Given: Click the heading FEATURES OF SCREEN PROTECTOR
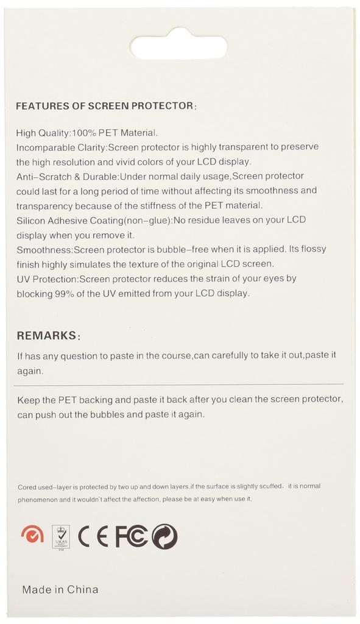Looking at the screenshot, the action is pyautogui.click(x=105, y=105).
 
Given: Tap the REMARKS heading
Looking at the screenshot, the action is pyautogui.click(x=48, y=336).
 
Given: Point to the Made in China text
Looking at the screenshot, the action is pyautogui.click(x=60, y=589).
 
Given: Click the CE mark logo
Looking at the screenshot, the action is pyautogui.click(x=93, y=536).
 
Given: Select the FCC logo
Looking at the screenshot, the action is pyautogui.click(x=132, y=536).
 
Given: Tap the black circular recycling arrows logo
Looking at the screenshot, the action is pyautogui.click(x=164, y=536).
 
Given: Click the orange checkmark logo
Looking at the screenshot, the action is pyautogui.click(x=32, y=535).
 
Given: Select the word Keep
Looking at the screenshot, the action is pyautogui.click(x=27, y=400).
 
